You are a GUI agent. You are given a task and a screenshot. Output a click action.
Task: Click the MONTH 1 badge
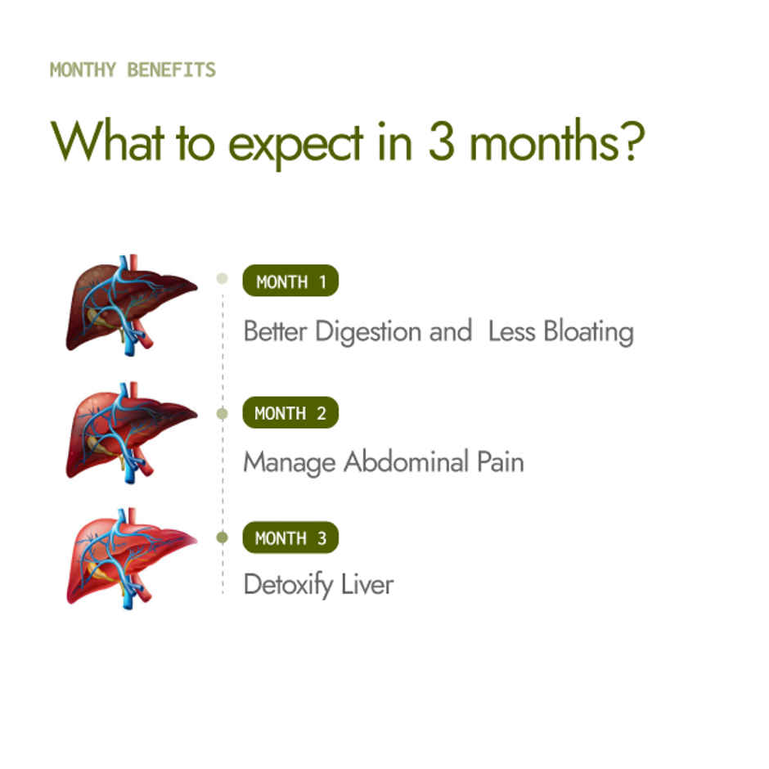point(290,282)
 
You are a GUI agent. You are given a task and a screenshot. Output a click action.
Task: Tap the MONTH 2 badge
point(290,413)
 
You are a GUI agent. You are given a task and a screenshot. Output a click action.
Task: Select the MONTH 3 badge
point(290,538)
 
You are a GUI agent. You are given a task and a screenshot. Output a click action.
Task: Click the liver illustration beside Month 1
point(131,304)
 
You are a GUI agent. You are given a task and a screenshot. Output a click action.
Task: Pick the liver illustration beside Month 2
point(131,432)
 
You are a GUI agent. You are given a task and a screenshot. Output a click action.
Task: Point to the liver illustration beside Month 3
point(131,556)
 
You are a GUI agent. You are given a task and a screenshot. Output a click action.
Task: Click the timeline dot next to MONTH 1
point(222,279)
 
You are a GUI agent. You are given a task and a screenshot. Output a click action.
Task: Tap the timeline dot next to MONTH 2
point(222,413)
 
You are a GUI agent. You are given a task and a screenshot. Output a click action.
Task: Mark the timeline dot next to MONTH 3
point(222,537)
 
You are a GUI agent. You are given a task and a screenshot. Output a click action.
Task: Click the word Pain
point(500,462)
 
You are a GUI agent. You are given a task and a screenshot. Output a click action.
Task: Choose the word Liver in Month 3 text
point(368,585)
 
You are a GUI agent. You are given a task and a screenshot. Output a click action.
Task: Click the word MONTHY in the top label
point(83,70)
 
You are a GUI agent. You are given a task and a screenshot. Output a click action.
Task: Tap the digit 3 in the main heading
point(442,142)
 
